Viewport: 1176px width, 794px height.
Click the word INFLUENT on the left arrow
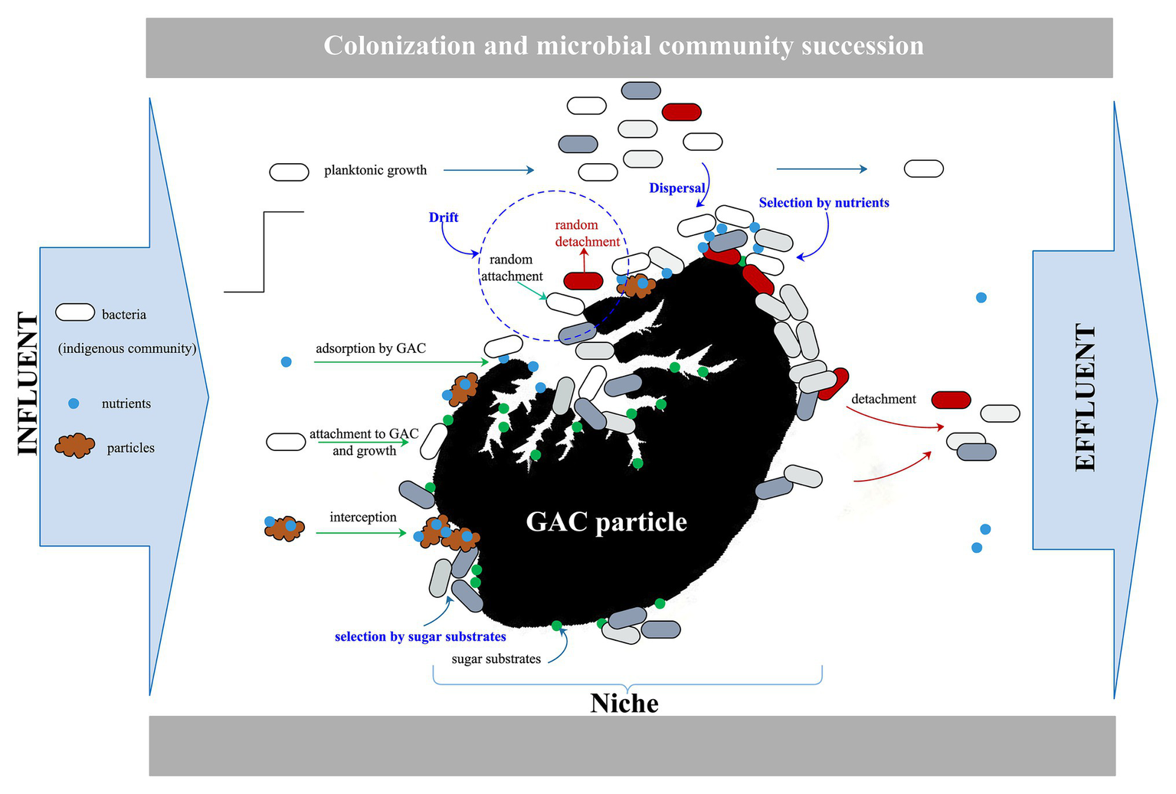[x=28, y=384]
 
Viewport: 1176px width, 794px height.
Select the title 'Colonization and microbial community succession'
[x=623, y=46]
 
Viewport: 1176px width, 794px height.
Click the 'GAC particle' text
[x=606, y=521]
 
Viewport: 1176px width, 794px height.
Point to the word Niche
[x=624, y=703]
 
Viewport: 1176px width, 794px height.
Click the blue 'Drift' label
[x=444, y=217]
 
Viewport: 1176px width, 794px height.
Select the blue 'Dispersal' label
[x=676, y=188]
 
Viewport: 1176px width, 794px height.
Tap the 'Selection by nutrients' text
[x=824, y=203]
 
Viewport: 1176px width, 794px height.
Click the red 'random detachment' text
[x=587, y=233]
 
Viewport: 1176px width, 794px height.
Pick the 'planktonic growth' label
[x=375, y=170]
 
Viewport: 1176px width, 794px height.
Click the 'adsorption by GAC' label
[x=370, y=348]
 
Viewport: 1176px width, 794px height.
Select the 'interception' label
[x=362, y=518]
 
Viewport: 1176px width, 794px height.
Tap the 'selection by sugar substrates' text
[x=420, y=636]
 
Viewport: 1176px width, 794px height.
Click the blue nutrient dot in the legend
[x=74, y=404]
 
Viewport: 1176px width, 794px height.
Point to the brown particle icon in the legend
[x=74, y=445]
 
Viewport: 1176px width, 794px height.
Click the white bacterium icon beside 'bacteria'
[x=74, y=312]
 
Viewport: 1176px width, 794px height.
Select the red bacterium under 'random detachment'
[x=583, y=280]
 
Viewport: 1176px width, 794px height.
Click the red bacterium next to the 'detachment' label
[x=951, y=400]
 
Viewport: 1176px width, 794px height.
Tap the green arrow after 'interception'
[x=361, y=533]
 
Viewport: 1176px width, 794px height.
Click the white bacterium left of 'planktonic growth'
[x=289, y=172]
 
